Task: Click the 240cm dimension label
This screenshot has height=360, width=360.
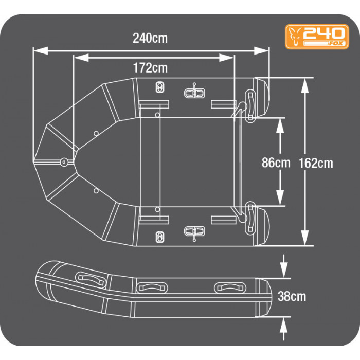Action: coord(150,38)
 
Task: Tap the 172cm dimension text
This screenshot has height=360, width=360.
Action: coord(150,68)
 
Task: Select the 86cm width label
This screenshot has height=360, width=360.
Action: coord(276,163)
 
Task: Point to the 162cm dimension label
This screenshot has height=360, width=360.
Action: coord(316,163)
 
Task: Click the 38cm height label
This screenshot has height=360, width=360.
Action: coord(292,296)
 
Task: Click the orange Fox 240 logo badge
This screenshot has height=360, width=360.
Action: coord(317,37)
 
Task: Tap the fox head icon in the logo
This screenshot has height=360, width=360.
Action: coord(295,37)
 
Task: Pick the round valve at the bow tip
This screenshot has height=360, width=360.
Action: coord(64,162)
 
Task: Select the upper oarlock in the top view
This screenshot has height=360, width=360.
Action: coord(194,93)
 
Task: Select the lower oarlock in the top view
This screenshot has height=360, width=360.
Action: coord(194,232)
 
